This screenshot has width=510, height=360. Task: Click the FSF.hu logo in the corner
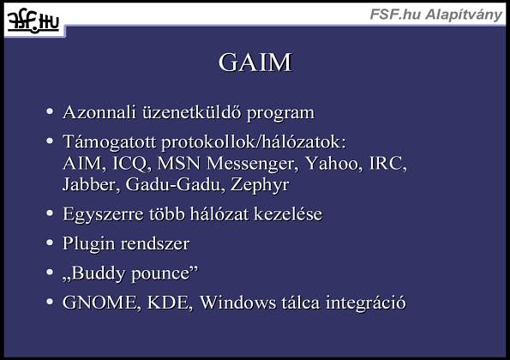point(33,21)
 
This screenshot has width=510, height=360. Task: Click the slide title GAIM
point(255,62)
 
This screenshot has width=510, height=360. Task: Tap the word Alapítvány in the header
point(464,15)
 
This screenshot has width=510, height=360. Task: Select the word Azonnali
point(99,112)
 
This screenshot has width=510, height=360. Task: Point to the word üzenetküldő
point(192,112)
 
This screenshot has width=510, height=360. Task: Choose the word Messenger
point(252,163)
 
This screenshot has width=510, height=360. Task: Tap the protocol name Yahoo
point(333,163)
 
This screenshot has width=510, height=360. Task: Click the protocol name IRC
point(388,163)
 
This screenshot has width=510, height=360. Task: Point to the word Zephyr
point(260,185)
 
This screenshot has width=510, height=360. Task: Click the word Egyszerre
point(103,214)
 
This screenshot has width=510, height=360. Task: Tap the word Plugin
point(88,244)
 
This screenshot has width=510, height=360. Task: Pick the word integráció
point(366,303)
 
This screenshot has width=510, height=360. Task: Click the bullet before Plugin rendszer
point(50,243)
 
